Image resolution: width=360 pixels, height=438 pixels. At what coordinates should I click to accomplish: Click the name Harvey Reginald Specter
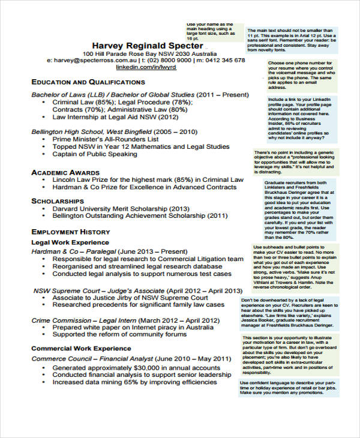click(x=146, y=46)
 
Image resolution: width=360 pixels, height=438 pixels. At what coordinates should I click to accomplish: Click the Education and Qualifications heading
click(x=88, y=82)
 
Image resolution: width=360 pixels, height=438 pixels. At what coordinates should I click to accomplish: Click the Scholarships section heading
click(x=58, y=201)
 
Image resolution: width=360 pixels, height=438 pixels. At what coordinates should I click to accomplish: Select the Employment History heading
click(x=70, y=232)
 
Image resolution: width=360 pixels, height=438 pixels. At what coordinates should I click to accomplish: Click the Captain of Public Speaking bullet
click(x=95, y=154)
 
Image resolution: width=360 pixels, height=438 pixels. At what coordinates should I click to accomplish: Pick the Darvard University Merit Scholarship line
click(x=121, y=209)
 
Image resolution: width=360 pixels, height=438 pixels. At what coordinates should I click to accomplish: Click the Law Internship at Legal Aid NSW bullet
click(x=115, y=118)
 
